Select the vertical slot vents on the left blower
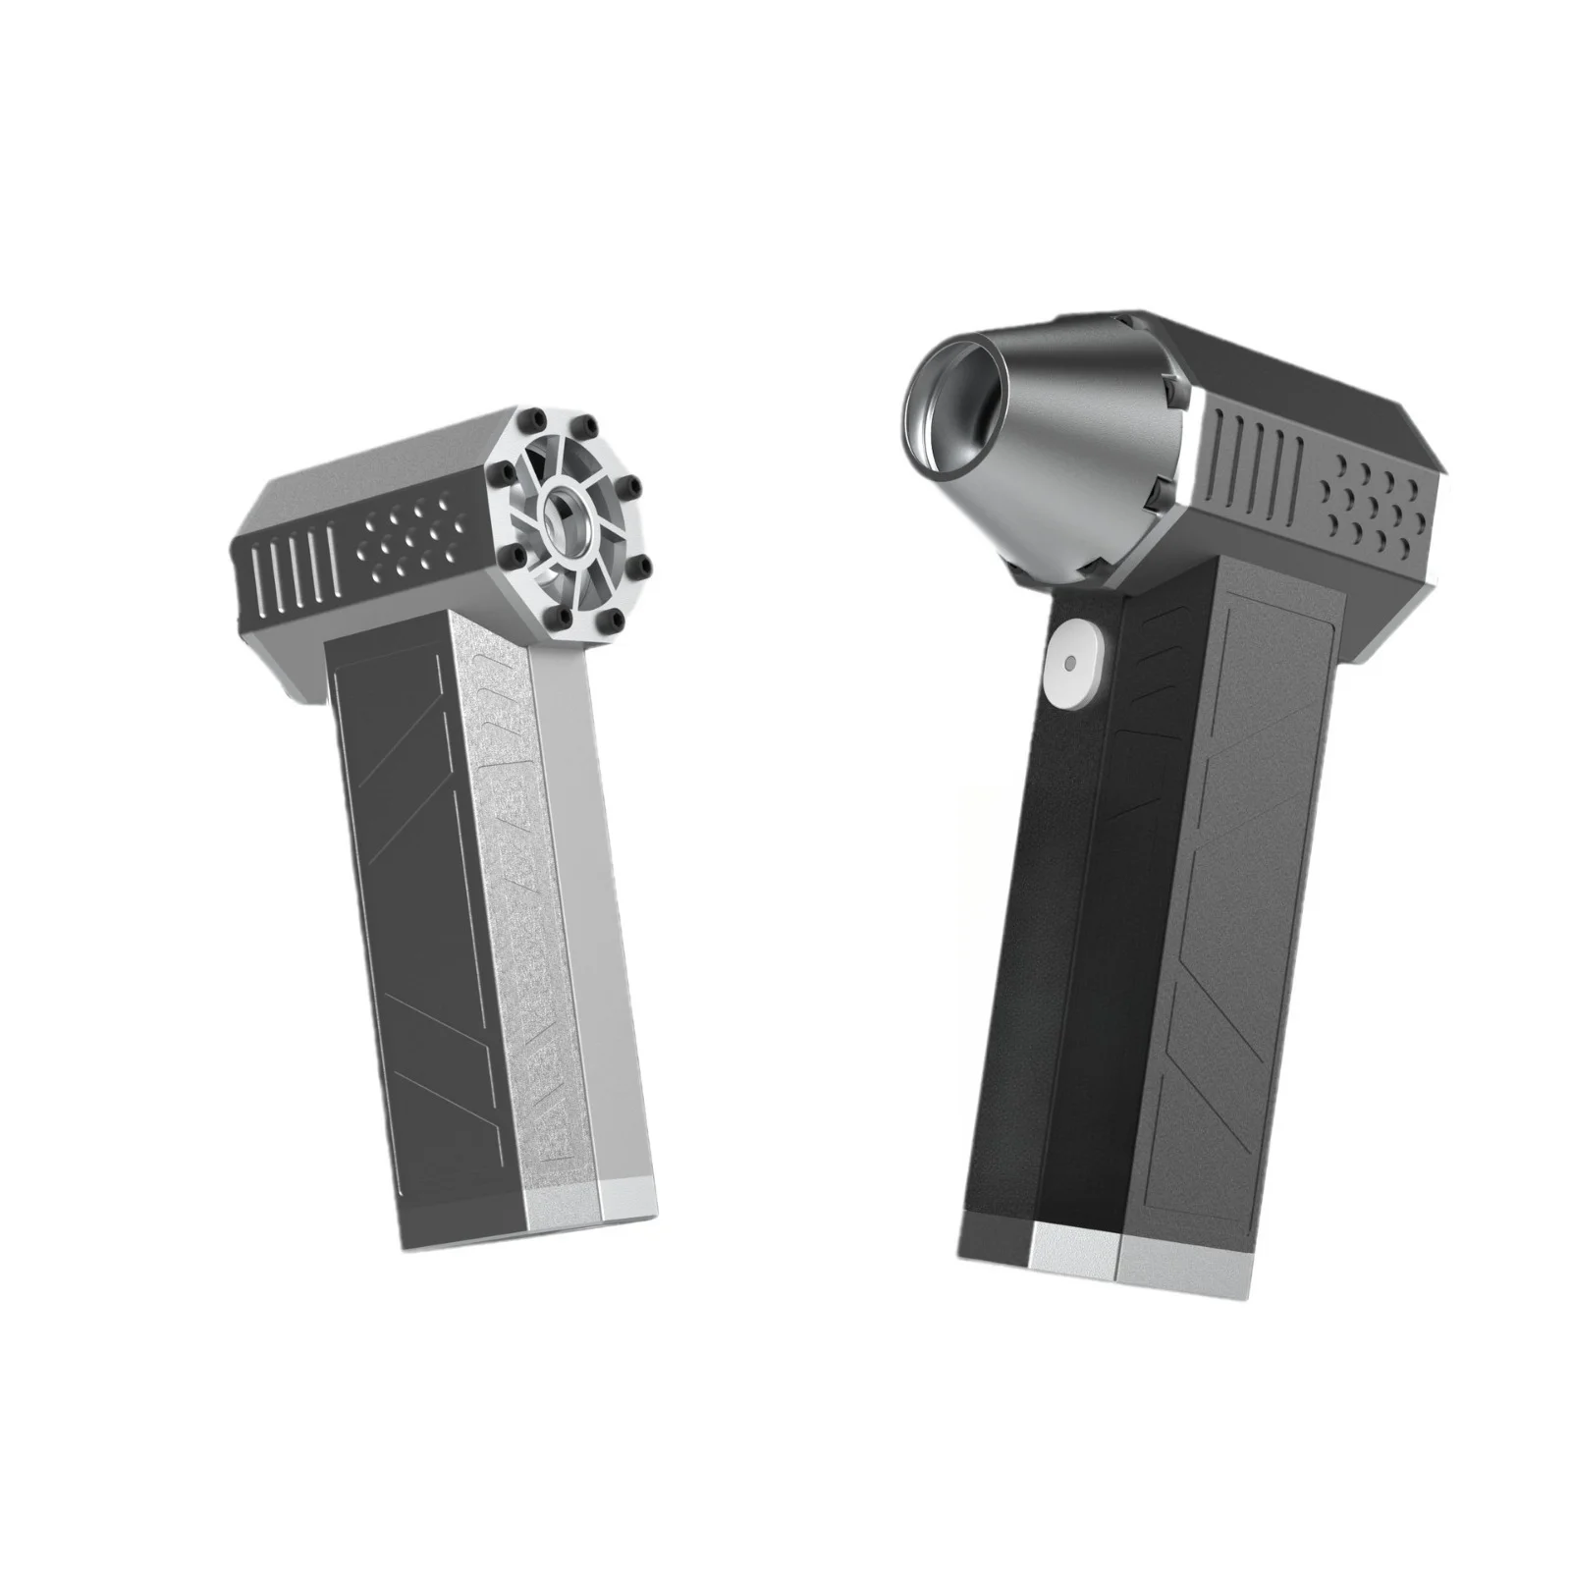click(285, 574)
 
